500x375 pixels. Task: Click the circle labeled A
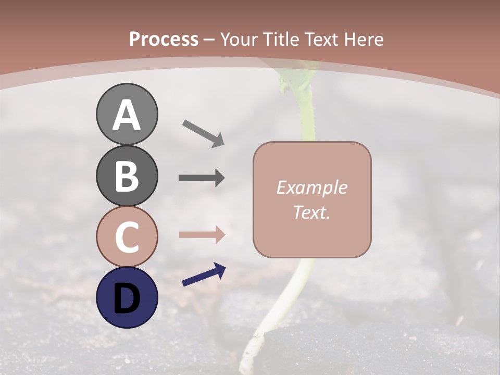tap(127, 114)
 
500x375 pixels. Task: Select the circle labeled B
tap(127, 176)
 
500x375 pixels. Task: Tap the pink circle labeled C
tap(127, 236)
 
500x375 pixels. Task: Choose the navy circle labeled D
tap(127, 297)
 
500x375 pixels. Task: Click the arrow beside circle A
tap(203, 133)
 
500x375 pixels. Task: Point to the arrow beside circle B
tap(202, 178)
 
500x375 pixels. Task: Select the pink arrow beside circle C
tap(202, 234)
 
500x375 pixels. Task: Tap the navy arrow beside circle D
tap(204, 274)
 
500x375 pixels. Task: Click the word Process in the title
tap(164, 39)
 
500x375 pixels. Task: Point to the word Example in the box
tap(311, 187)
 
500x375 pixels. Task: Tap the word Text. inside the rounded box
tap(311, 212)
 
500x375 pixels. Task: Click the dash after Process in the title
tap(209, 40)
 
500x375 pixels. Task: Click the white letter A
tap(127, 115)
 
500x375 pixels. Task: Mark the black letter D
tap(127, 298)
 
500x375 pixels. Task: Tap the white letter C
tap(127, 237)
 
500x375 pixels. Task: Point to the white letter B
tap(127, 176)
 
